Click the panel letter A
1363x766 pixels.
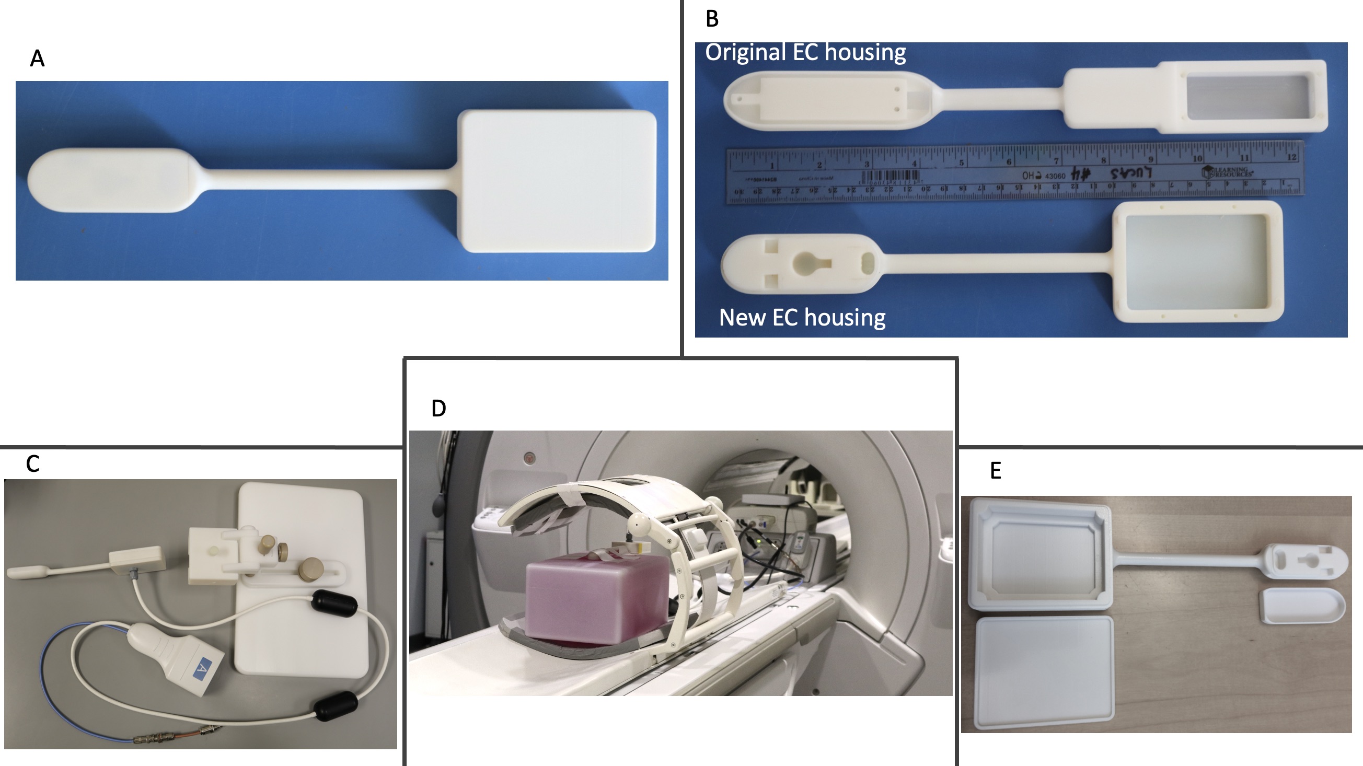coord(37,58)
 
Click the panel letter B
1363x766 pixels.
coord(712,19)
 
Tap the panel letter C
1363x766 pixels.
coord(33,464)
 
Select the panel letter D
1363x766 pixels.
coord(438,409)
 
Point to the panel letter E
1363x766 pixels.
coord(995,470)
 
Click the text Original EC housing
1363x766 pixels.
coord(805,52)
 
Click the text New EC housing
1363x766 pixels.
coord(802,317)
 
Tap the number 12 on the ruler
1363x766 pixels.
coord(1291,157)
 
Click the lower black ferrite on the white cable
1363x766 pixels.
coord(336,706)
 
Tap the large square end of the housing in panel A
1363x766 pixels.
coord(557,181)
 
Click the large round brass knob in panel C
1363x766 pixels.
coord(308,572)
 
